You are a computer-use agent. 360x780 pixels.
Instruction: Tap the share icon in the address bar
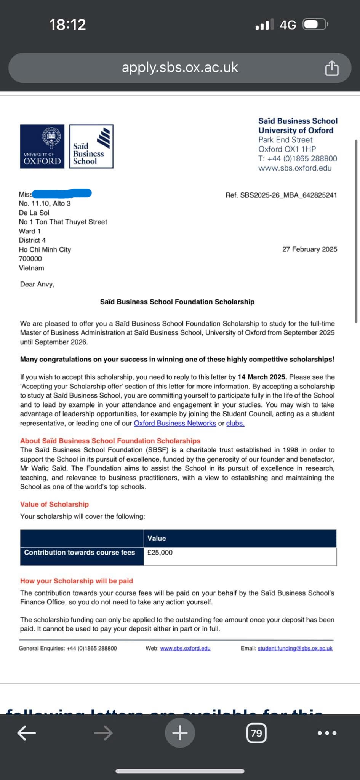pos(331,68)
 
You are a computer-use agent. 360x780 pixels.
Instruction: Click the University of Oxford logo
pos(42,146)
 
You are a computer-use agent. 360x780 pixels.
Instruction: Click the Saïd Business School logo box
pos(91,146)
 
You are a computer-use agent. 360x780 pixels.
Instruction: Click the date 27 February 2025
pos(309,249)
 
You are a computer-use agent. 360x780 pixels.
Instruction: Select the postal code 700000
pos(30,259)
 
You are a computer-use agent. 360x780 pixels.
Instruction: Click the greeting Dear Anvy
pos(37,284)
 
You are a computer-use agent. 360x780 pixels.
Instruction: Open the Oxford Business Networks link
pos(175,423)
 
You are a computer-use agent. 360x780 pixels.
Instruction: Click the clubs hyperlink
pos(235,423)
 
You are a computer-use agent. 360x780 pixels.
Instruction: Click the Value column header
pos(157,538)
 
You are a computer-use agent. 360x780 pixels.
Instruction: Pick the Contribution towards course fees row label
pos(80,552)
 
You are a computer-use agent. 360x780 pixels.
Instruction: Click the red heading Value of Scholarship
pos(54,504)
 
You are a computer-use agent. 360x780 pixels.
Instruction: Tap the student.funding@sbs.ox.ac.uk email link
pos(295,648)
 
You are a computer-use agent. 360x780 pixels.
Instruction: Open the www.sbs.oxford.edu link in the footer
pos(185,648)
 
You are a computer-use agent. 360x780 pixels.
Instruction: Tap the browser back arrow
pos(27,733)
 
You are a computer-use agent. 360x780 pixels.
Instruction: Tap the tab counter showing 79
pos(256,733)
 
